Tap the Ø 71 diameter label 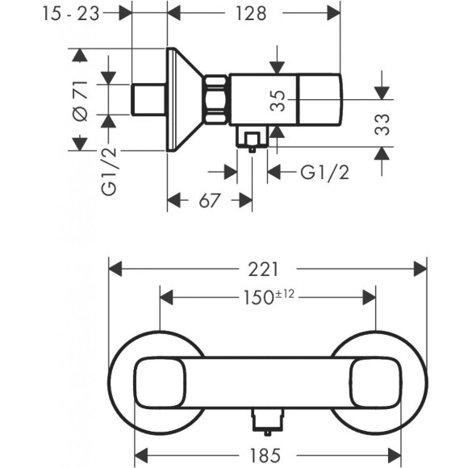[79, 100]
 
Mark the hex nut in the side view [218, 100]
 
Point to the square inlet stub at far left [148, 100]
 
